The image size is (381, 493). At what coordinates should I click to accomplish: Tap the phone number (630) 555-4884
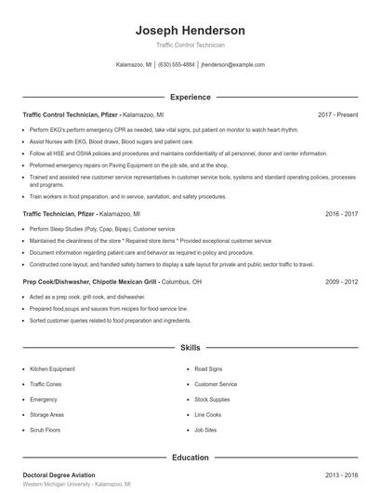[x=177, y=65]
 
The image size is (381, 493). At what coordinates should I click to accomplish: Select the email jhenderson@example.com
[x=232, y=65]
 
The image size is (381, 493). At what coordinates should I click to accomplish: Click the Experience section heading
[x=190, y=97]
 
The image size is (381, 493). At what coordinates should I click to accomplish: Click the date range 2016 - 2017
[x=341, y=213]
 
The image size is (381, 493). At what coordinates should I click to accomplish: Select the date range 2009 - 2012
[x=341, y=280]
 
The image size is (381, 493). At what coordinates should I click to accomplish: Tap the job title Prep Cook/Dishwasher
[x=57, y=280]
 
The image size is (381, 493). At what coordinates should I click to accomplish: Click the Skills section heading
[x=190, y=348]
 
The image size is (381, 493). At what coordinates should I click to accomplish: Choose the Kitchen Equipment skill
[x=52, y=369]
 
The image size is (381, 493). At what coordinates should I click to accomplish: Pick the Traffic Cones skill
[x=46, y=384]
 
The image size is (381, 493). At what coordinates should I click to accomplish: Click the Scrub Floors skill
[x=45, y=431]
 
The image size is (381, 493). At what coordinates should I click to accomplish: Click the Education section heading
[x=190, y=458]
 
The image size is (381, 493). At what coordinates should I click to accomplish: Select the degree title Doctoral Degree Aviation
[x=59, y=474]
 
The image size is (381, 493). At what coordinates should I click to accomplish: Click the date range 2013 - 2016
[x=341, y=474]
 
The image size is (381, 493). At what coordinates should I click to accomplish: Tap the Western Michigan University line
[x=76, y=485]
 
